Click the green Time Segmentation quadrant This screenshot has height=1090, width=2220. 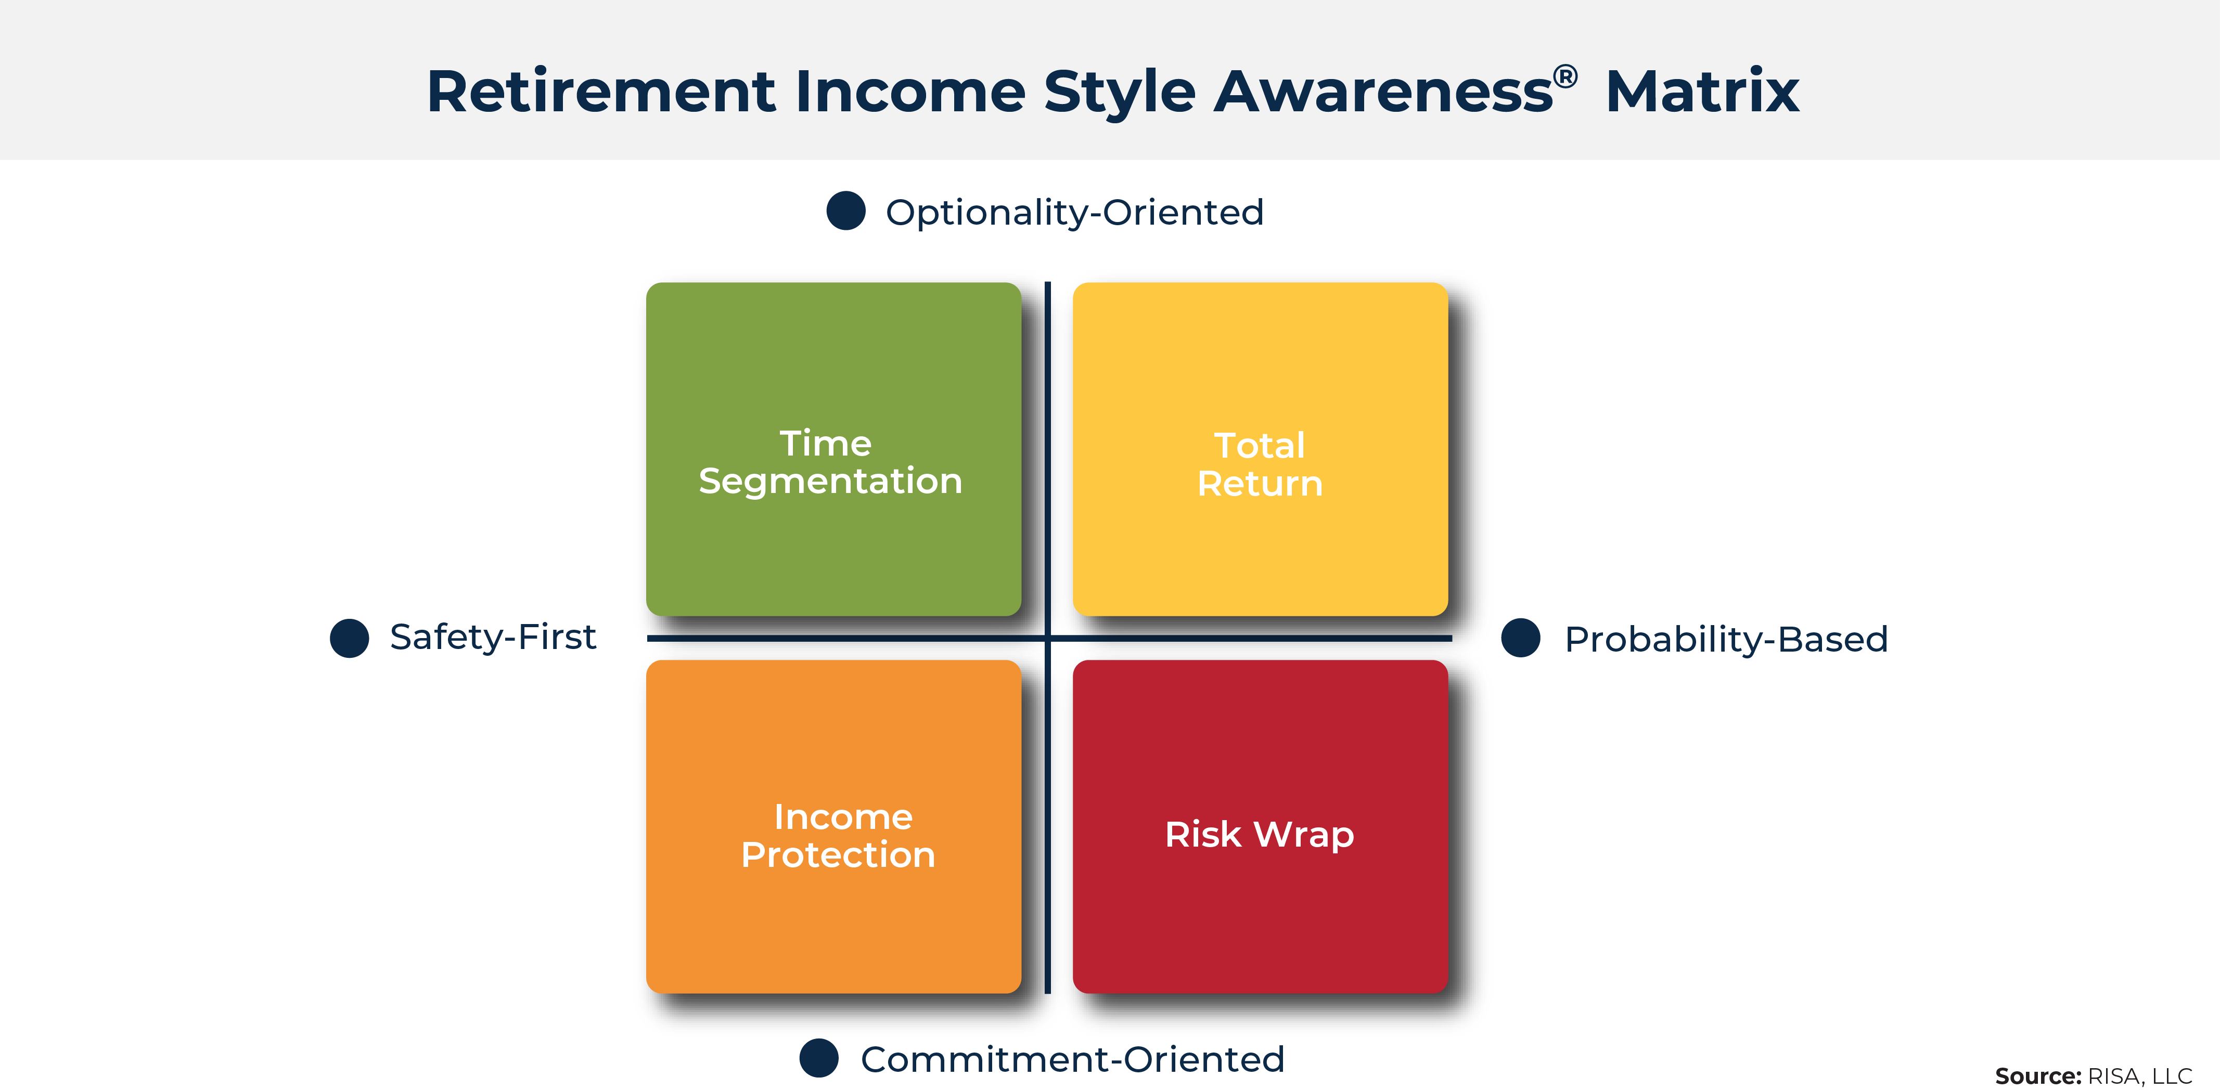point(833,449)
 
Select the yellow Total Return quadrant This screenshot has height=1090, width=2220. point(1260,449)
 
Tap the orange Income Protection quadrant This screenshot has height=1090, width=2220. point(833,826)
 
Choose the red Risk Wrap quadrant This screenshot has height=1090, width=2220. point(1260,826)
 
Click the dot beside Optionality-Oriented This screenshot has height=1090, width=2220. point(845,211)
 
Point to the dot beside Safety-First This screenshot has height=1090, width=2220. point(349,638)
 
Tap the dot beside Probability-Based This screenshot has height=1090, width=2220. point(1520,638)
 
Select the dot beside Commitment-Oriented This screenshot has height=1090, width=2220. point(819,1058)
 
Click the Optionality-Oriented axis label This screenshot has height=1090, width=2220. point(1075,213)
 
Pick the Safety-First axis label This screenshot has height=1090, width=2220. point(493,638)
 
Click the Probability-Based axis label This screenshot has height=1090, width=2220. point(1726,639)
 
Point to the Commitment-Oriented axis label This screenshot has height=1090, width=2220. point(1073,1059)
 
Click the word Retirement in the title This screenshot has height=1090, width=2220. point(601,92)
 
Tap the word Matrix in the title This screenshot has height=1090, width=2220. point(1702,92)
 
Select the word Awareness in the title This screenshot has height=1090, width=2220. point(1383,92)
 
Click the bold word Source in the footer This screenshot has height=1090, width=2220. point(2038,1076)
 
